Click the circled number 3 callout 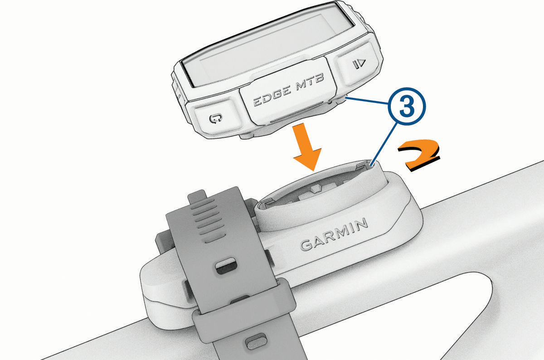(x=407, y=107)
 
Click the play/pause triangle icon (x=359, y=63)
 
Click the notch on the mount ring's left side (x=267, y=202)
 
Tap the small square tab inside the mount (x=315, y=188)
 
